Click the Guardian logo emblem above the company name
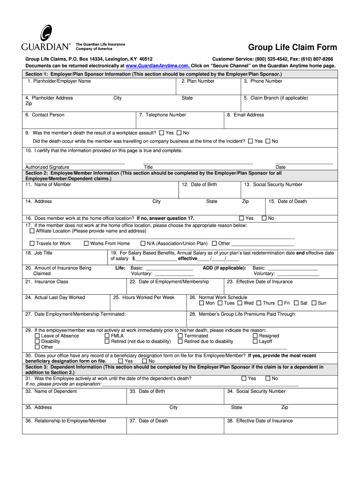(45, 34)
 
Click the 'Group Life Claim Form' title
(292, 48)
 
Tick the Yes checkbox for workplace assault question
(162, 133)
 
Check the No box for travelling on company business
(268, 141)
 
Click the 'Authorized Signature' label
(47, 167)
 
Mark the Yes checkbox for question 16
(242, 218)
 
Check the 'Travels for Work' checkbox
(32, 243)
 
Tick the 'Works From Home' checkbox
(86, 243)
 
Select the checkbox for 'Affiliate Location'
(32, 231)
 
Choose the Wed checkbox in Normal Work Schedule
(240, 303)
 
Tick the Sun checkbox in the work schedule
(314, 303)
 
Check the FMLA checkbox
(107, 336)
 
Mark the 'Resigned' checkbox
(255, 336)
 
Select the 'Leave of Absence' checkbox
(37, 336)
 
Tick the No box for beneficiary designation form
(145, 361)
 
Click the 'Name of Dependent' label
(51, 392)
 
